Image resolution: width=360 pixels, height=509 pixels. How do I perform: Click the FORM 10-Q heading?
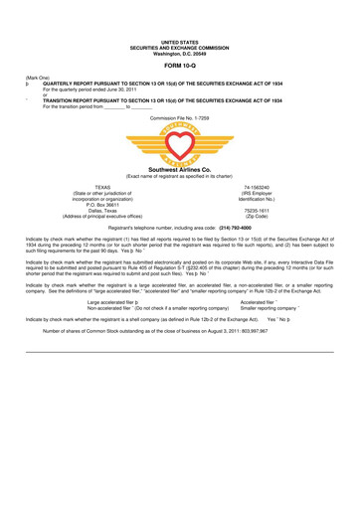[180, 66]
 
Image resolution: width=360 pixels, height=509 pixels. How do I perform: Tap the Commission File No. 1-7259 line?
[180, 117]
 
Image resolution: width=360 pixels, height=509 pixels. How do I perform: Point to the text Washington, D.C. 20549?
[180, 51]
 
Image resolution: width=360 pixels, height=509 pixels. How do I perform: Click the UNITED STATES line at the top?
[180, 40]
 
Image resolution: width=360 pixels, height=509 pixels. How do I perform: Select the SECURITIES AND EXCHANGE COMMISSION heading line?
[180, 45]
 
